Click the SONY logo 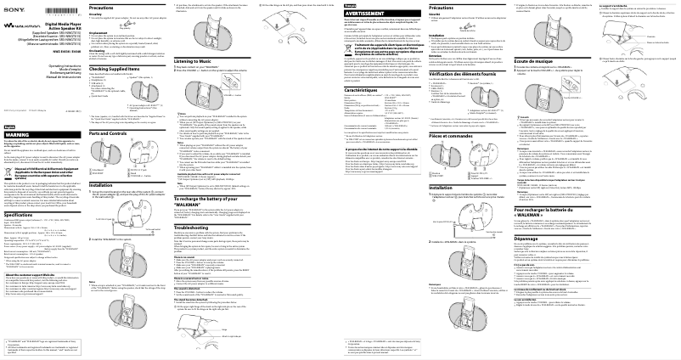[x=11, y=5]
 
